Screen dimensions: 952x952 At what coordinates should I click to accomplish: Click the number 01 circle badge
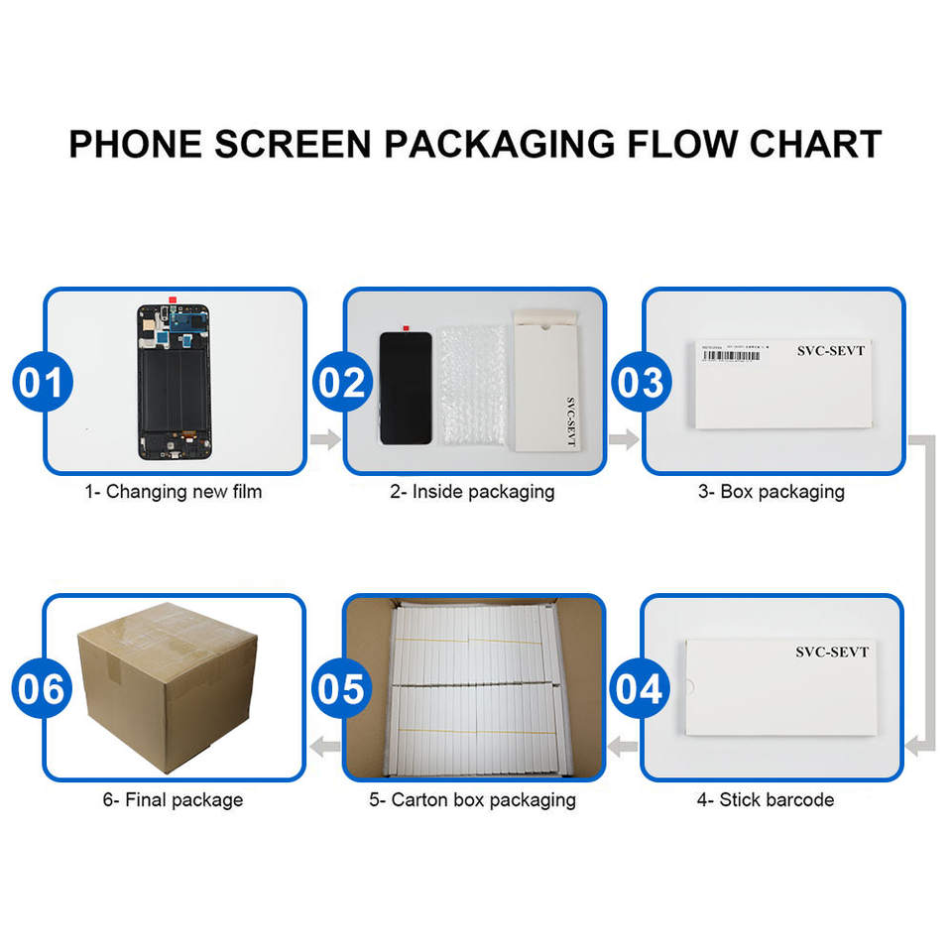pos(42,382)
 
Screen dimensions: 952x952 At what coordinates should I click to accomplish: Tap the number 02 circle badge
pos(342,382)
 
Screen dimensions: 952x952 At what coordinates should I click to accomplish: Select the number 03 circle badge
pos(640,382)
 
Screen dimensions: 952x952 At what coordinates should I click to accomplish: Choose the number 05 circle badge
pos(342,688)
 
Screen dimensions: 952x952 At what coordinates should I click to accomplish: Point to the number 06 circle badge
pos(42,688)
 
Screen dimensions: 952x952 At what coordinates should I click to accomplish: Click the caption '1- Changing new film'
pos(173,491)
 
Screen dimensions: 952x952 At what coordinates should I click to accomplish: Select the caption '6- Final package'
pos(173,799)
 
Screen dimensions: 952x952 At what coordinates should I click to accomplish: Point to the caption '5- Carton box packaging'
pos(472,799)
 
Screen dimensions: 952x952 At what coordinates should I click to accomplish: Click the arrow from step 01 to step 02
pos(325,439)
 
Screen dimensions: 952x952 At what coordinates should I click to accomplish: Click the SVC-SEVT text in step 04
pos(831,653)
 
